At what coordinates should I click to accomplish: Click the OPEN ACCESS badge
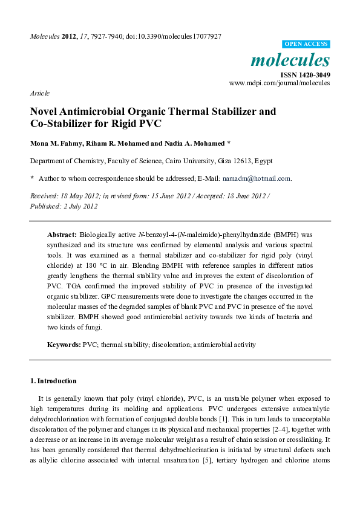pos(306,44)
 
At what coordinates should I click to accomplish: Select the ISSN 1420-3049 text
pos(305,74)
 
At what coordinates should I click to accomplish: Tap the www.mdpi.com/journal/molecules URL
pos(280,83)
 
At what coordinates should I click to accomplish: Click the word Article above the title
pos(39,93)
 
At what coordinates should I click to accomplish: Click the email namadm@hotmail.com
pos(256,178)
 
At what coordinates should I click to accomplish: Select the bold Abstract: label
pos(62,234)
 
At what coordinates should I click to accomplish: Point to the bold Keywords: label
pos(64,345)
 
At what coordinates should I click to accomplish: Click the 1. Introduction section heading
pos(53,381)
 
